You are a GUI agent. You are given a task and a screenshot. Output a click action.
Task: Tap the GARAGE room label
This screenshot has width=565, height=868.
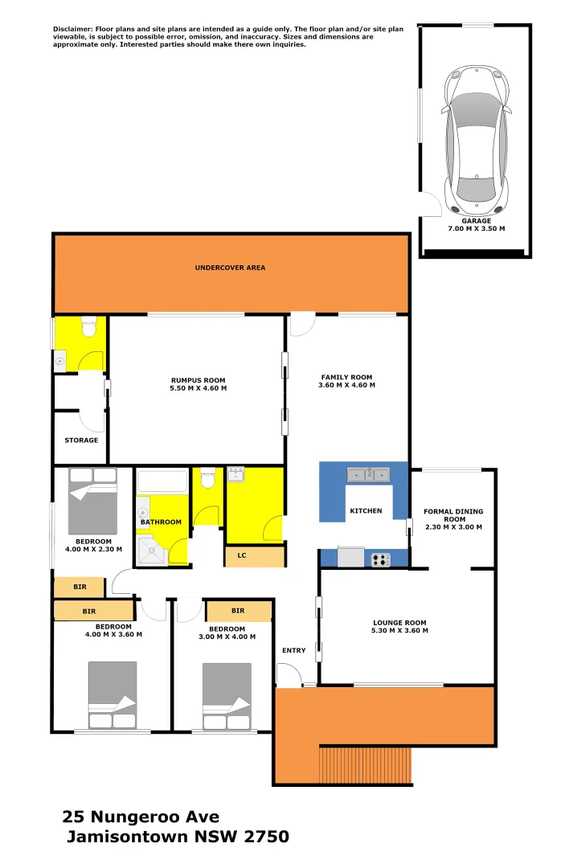coord(477,220)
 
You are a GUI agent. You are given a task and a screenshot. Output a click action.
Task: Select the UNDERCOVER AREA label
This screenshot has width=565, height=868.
coord(230,268)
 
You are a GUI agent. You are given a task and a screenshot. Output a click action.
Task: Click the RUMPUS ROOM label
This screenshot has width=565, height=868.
coord(198,380)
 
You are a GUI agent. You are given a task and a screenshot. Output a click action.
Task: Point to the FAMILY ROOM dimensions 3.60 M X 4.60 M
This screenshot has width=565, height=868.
coord(346,386)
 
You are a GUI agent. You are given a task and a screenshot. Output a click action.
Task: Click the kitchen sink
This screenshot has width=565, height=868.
coord(368,474)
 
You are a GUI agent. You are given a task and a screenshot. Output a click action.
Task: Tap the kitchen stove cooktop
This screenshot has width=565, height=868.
coord(380,559)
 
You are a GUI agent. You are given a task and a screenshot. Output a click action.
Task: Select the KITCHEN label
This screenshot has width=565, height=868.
coord(365,511)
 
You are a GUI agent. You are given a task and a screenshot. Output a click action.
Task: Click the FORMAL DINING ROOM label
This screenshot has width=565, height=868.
coord(454,515)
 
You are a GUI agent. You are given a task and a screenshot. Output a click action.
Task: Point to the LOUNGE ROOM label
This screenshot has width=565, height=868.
coord(399,623)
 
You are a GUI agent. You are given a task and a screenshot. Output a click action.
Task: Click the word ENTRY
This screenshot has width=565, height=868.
coord(293,650)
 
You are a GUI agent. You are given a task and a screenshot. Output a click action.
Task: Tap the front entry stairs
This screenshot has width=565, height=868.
coord(366,764)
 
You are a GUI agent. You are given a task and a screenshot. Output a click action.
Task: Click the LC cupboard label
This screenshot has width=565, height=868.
coord(241,555)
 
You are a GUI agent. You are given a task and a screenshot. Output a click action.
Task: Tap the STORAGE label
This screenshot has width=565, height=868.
coord(81,440)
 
